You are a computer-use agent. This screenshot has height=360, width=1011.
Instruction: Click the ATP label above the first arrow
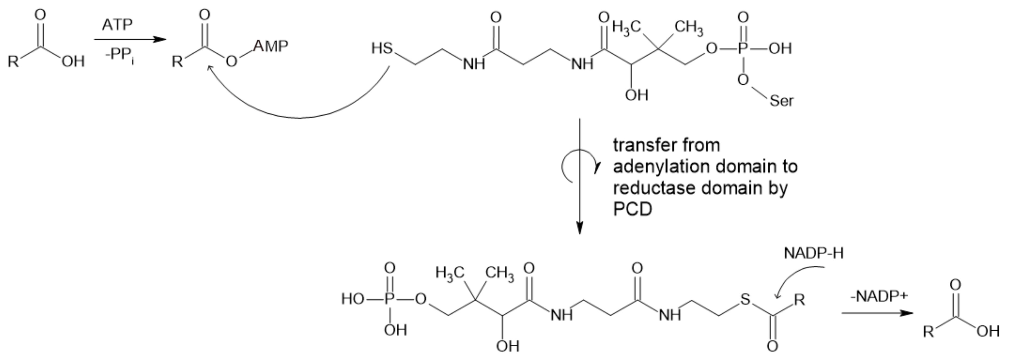coord(117,25)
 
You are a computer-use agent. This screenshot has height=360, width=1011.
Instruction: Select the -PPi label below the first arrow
coord(119,55)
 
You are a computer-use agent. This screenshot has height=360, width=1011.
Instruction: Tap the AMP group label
coord(271,46)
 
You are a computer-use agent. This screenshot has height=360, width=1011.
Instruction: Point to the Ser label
coord(781,101)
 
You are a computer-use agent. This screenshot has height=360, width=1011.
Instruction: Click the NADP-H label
coord(813,253)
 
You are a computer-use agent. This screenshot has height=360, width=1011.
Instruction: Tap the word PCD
coord(632,210)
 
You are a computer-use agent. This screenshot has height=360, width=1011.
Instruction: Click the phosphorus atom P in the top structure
coord(742,48)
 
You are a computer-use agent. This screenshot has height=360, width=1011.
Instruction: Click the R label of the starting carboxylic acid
coord(13,62)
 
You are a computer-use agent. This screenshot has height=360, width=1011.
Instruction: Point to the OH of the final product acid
coord(988,331)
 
